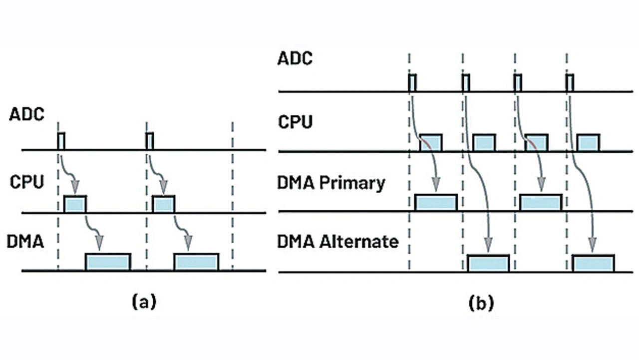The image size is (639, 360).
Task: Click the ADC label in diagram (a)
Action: click(x=26, y=114)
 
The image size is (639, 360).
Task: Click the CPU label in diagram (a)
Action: click(x=27, y=181)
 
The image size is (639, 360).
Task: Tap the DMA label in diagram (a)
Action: click(x=25, y=243)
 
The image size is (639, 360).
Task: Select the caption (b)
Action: click(x=481, y=303)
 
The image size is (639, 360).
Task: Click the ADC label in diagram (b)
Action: click(x=295, y=58)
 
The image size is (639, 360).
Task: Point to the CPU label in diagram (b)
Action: click(x=295, y=121)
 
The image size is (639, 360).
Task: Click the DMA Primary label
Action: click(x=331, y=183)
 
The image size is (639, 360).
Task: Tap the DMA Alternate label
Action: click(x=338, y=242)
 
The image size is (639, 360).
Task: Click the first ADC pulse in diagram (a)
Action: click(x=61, y=141)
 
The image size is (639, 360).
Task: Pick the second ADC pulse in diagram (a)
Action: click(x=149, y=141)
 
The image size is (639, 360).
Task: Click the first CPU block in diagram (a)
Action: click(x=75, y=204)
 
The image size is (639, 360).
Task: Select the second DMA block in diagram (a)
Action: click(x=196, y=262)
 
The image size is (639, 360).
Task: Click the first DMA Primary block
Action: click(x=436, y=202)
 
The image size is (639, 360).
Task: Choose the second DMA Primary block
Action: click(x=541, y=202)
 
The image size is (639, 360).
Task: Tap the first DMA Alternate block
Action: click(x=488, y=263)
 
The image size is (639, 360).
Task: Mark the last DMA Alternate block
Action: click(x=593, y=263)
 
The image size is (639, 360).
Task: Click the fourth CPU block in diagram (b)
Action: click(x=588, y=142)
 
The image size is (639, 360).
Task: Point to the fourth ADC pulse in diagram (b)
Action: click(x=570, y=82)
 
